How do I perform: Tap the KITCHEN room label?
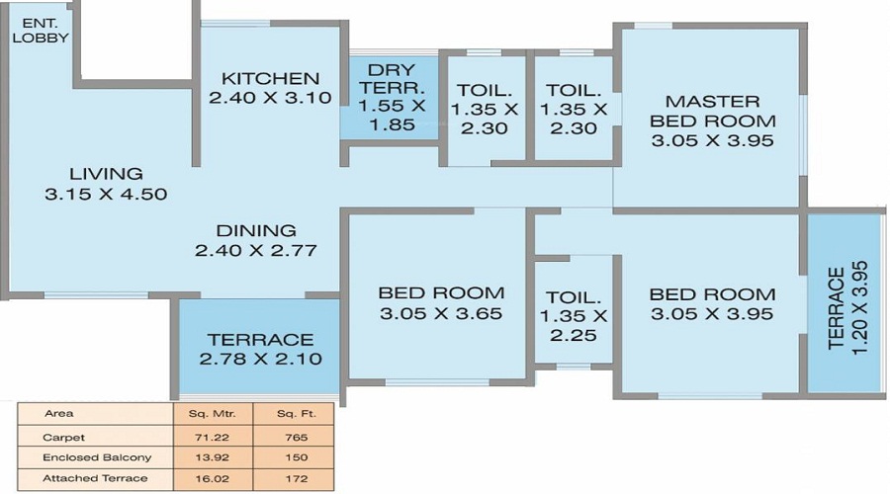point(270,78)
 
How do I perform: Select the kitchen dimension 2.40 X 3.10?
point(270,98)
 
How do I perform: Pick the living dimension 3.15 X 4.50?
point(106,195)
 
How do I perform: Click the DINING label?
point(256,230)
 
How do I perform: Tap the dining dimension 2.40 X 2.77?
point(256,251)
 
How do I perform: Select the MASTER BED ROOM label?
point(712,111)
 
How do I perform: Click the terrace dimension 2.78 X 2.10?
point(261,359)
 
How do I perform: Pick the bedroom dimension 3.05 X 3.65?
point(441,314)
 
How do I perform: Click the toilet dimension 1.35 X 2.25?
point(573,325)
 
